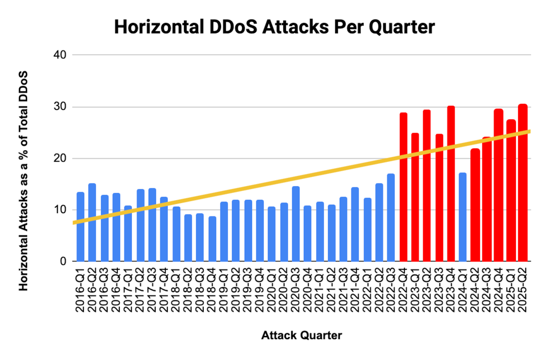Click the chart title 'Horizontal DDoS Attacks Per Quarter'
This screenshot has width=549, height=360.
(x=274, y=27)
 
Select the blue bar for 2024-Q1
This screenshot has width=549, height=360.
(x=462, y=217)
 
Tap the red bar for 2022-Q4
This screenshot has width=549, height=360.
(x=403, y=187)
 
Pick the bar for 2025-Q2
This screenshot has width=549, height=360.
(x=523, y=183)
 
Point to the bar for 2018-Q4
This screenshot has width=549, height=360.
(x=212, y=239)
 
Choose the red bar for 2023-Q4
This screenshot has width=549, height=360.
(x=451, y=183)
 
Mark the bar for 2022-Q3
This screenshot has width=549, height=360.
(x=391, y=217)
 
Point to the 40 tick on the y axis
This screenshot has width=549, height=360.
(x=60, y=55)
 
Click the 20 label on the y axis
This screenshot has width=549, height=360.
(x=60, y=158)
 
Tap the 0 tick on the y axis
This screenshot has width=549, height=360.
(x=63, y=262)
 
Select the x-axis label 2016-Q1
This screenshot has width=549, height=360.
(x=80, y=290)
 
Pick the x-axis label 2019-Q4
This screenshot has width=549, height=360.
(x=260, y=290)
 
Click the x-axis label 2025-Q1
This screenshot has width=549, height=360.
(x=511, y=290)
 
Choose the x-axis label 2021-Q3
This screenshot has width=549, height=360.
(x=344, y=290)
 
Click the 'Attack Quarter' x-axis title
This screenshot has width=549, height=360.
(x=302, y=335)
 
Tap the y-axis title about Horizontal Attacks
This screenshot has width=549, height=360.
(x=24, y=181)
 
